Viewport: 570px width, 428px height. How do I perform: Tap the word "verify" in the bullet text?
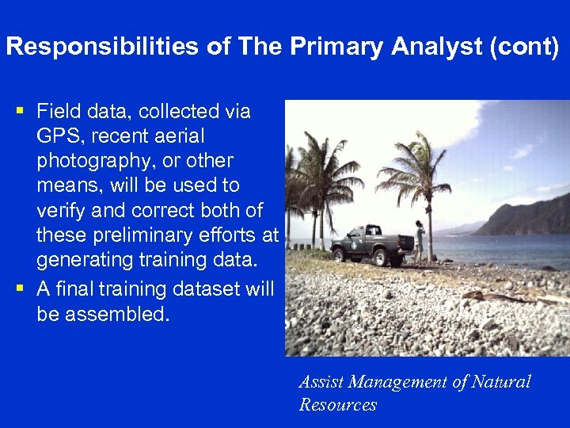pos(62,210)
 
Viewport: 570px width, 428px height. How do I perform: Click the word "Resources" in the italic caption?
pos(337,405)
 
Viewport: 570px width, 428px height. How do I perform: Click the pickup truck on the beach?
pos(370,244)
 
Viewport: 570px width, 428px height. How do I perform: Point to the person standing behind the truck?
pos(418,241)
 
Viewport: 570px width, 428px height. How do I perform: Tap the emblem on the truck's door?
pos(363,243)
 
